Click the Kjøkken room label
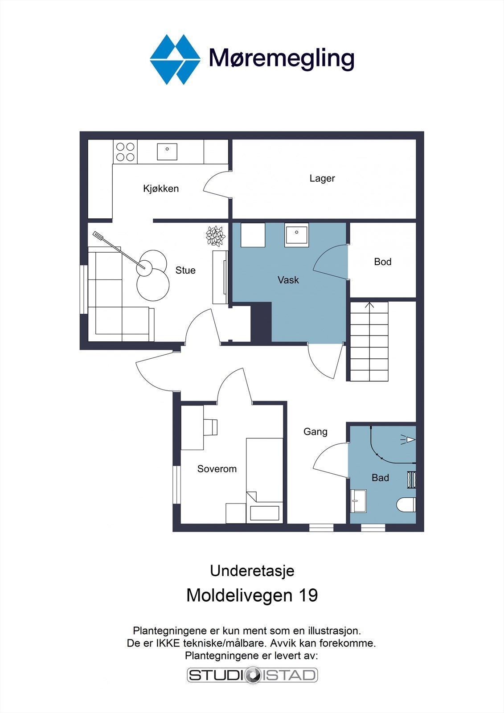161,188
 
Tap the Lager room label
322,178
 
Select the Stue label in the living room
185,270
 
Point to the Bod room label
383,262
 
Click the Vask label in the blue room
288,280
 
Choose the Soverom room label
217,468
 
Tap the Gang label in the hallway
315,432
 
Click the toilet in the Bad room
406,504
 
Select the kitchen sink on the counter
167,152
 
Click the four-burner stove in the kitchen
125,152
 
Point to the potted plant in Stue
216,236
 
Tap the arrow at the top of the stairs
369,305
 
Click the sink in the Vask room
296,235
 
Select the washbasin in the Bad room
358,501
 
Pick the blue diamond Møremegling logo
175,60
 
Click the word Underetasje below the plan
252,571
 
